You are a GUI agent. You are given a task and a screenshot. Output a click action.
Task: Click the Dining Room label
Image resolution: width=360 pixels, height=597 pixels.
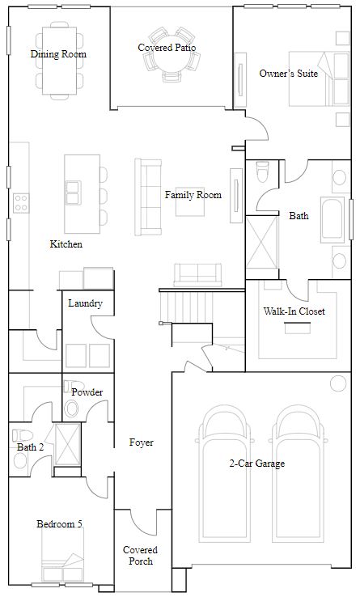[x=58, y=54]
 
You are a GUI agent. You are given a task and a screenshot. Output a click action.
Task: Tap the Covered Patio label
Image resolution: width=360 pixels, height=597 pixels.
[x=167, y=48]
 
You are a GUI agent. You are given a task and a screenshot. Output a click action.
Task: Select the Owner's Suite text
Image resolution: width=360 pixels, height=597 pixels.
[x=288, y=74]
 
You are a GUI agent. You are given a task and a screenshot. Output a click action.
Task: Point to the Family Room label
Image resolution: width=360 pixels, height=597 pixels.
[x=193, y=195]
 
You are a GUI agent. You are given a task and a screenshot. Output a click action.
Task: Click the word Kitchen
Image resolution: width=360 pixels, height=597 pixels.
[x=66, y=243]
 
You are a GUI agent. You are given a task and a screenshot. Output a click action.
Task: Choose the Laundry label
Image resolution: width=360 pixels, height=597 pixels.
[x=85, y=303]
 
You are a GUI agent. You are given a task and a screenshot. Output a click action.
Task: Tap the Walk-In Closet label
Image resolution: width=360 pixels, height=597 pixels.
[x=294, y=311]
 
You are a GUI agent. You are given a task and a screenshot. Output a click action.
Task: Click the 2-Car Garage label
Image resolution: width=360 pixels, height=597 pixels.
[x=257, y=464]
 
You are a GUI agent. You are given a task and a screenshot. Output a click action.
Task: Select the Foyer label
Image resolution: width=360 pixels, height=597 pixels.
[x=142, y=442]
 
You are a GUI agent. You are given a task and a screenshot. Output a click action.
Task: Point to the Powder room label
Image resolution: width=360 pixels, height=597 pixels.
[x=87, y=392]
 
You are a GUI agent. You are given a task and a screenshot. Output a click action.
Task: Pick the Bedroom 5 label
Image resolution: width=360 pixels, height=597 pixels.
[x=59, y=524]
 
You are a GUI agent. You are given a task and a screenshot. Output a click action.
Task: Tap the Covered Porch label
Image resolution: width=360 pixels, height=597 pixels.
[x=140, y=555]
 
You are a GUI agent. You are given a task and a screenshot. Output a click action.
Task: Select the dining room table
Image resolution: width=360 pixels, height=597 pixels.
[x=58, y=58]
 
